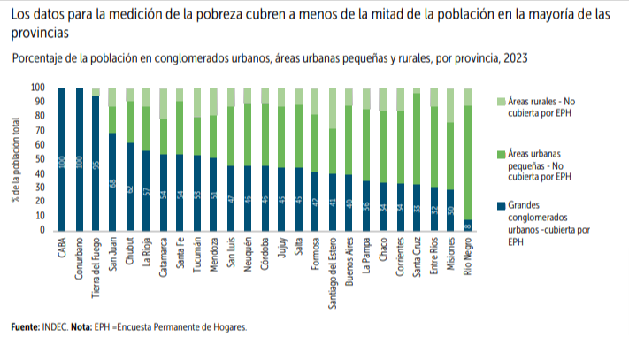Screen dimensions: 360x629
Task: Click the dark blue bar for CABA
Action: [62, 159]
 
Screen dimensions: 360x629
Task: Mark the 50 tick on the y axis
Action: [39, 159]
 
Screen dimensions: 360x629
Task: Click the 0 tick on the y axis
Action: [42, 231]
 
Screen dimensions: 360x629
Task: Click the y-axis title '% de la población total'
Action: [16, 159]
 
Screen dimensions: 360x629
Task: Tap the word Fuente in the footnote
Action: [24, 327]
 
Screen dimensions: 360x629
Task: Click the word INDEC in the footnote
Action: [55, 327]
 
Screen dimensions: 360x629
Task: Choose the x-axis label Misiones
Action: [450, 253]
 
